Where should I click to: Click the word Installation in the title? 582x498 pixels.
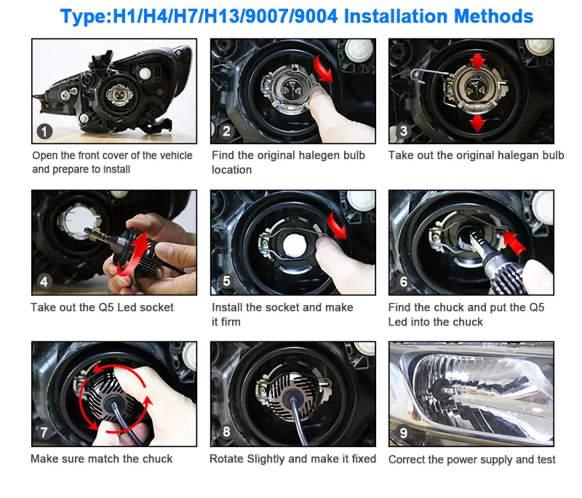point(396,16)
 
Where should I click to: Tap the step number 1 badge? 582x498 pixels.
point(44,132)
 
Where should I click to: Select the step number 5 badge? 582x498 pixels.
point(226,281)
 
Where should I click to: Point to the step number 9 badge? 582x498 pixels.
point(403,432)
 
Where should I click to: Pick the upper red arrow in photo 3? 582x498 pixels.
point(477,62)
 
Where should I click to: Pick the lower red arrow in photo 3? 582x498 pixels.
point(477,123)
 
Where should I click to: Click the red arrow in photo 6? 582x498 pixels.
point(514,242)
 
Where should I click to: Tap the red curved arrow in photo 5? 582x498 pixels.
point(337,226)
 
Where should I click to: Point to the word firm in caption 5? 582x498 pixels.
point(231,322)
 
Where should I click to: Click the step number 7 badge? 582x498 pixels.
point(44,432)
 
